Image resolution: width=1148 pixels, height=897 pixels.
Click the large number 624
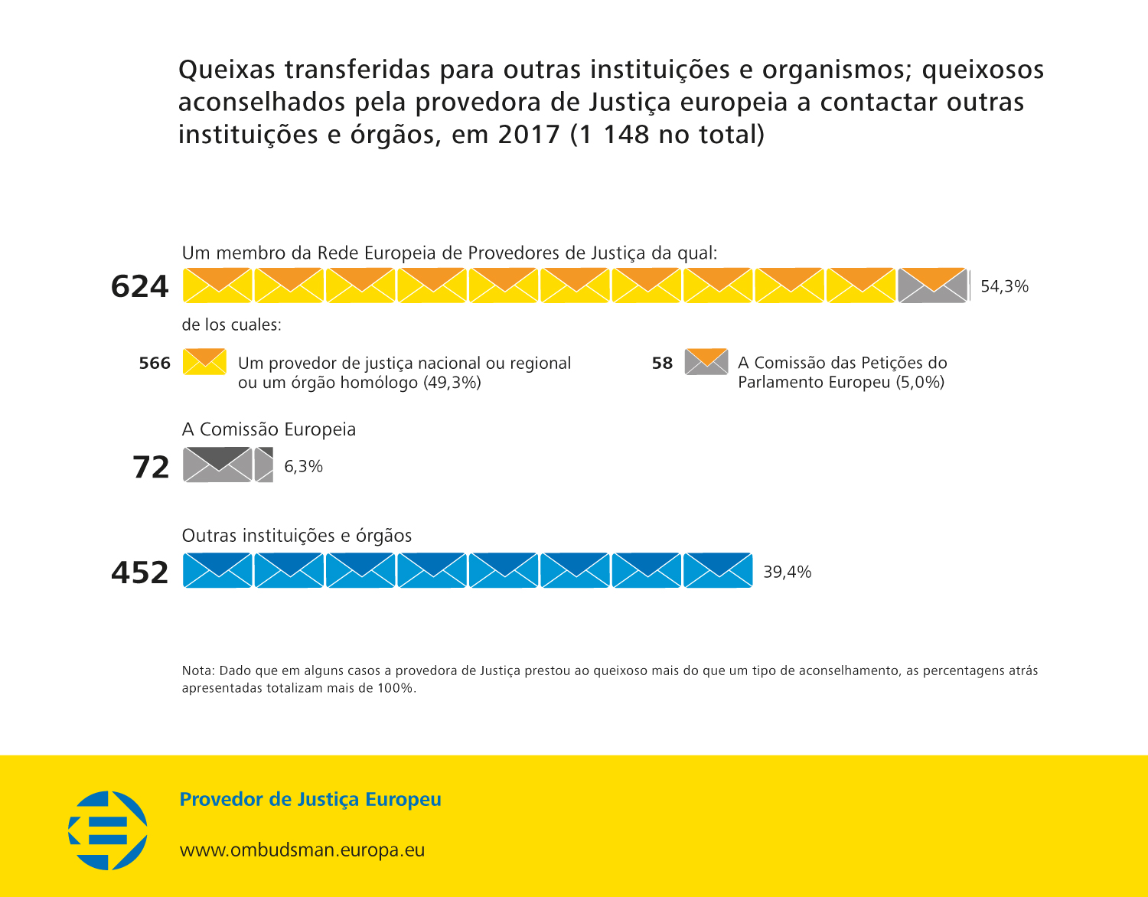[139, 286]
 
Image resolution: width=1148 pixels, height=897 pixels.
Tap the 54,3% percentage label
[1004, 286]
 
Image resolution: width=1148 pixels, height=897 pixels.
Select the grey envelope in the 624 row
[932, 285]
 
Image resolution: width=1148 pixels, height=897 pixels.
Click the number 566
[155, 363]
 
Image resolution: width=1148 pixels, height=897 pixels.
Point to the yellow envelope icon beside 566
[204, 361]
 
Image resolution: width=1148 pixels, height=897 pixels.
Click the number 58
[662, 363]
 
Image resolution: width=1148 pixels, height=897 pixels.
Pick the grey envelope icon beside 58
[706, 361]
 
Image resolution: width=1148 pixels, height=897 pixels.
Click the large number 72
[151, 467]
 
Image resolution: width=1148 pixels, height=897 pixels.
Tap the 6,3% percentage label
[303, 466]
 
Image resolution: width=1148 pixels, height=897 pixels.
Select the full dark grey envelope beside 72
[217, 465]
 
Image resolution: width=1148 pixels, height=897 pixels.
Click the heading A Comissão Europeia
[269, 429]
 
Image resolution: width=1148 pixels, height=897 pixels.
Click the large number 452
[139, 572]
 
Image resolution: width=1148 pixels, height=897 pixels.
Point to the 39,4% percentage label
[787, 572]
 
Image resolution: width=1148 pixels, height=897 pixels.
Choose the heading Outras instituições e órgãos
[296, 536]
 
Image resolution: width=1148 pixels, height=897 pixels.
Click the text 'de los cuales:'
[231, 325]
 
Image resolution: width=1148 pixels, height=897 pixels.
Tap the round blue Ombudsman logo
[108, 830]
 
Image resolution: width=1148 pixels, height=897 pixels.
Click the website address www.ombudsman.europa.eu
[302, 850]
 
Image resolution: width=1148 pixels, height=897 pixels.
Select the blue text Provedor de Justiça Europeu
[310, 800]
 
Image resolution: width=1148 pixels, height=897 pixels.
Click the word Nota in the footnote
[197, 670]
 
